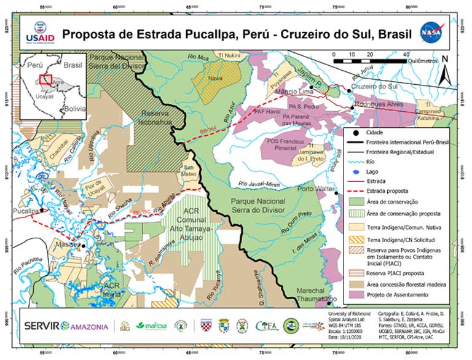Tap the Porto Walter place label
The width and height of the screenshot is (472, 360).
315,189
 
